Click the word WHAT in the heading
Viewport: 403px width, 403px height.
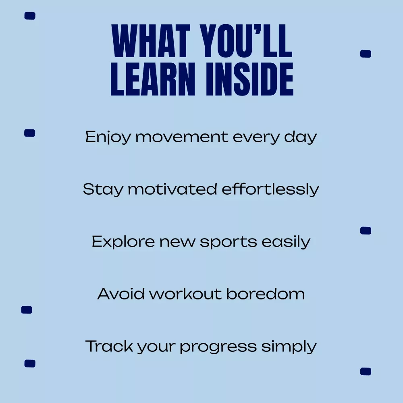151,41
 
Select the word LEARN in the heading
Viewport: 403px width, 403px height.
153,79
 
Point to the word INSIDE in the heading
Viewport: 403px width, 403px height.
249,79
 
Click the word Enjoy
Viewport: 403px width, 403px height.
108,137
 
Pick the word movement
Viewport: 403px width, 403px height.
182,137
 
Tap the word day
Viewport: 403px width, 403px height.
300,137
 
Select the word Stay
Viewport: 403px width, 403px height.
103,190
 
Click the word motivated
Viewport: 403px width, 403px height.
172,189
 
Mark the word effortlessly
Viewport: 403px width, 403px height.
270,190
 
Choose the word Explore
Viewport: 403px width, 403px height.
123,242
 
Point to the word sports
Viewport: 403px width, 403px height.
228,243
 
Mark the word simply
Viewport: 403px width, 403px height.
289,347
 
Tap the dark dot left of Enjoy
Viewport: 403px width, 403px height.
29,133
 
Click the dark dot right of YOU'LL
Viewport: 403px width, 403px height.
366,54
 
